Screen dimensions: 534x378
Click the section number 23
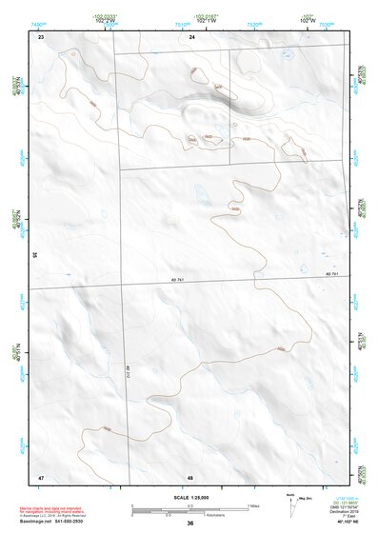(41, 36)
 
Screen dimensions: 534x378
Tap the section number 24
(191, 36)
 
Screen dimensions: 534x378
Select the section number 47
(41, 475)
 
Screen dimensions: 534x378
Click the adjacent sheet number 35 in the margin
(35, 254)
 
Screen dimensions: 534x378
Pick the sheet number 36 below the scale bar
(190, 524)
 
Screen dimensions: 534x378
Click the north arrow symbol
(290, 501)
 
